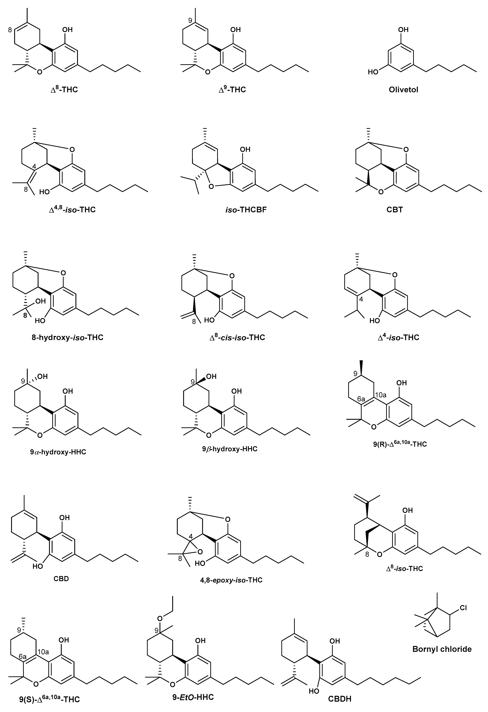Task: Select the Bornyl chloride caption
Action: click(442, 649)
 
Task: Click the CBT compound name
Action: click(395, 210)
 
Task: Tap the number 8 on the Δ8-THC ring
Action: click(10, 30)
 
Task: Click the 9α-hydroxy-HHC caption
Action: click(58, 452)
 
